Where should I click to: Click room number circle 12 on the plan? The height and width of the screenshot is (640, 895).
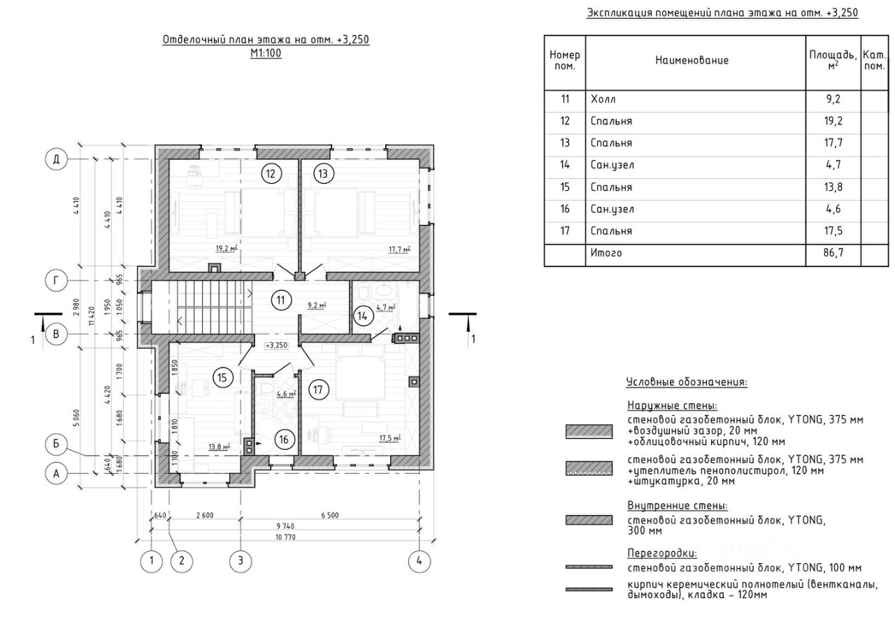point(271,174)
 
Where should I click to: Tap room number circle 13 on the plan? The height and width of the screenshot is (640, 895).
point(324,174)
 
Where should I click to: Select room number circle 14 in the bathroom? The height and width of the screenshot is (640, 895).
point(363,316)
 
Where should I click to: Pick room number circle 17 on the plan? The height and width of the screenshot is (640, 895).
point(319,390)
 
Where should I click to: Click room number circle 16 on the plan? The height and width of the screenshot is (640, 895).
point(284,439)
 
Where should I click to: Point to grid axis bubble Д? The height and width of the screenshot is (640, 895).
point(57,159)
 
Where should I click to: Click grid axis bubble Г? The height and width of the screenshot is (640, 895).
point(57,280)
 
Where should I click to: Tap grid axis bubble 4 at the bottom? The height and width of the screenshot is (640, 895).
point(419,560)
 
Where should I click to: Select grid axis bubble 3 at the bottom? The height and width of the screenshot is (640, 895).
point(240,560)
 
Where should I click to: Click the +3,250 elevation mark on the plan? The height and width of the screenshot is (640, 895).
point(276,345)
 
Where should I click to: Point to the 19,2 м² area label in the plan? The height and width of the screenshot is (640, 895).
point(226,248)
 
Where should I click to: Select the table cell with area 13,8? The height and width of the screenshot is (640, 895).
point(833,187)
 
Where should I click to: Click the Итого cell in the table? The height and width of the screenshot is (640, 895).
point(606,253)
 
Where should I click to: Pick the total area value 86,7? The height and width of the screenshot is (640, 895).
point(833,253)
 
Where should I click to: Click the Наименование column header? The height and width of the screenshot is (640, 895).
point(692,60)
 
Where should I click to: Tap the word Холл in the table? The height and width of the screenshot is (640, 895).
point(603,99)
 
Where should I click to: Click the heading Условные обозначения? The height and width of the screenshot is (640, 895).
point(686,382)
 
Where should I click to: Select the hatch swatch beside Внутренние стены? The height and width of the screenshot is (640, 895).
point(589,520)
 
